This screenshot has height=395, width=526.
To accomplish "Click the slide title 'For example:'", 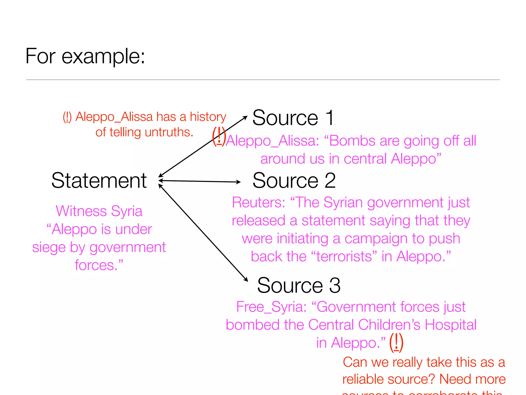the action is click(x=85, y=56).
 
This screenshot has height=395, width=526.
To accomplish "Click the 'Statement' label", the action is click(x=99, y=181).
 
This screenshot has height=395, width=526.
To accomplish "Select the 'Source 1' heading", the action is click(x=293, y=118).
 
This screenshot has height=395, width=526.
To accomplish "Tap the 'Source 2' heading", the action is click(x=294, y=181).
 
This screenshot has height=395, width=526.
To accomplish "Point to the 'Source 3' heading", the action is click(x=299, y=285).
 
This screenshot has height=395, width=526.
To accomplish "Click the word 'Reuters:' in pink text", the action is click(x=258, y=202).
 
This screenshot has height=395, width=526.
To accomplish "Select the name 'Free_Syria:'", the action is click(x=271, y=307).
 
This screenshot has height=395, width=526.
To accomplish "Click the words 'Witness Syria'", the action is click(x=99, y=211).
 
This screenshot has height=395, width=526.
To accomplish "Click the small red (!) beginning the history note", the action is click(x=67, y=117).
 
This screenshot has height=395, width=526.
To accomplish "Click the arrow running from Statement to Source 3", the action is click(x=203, y=233).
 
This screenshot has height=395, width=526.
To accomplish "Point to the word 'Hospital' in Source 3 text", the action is click(x=450, y=325).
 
